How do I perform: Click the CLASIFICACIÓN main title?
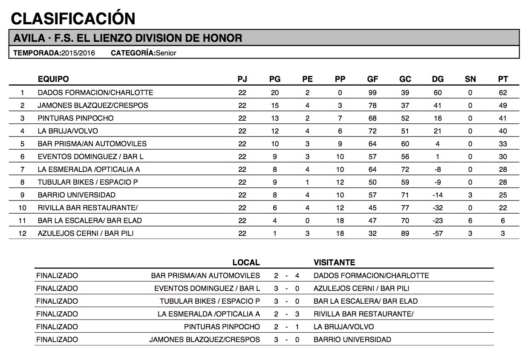click(73, 18)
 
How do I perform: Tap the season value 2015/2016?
click(78, 53)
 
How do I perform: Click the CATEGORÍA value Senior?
click(166, 53)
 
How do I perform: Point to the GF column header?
click(372, 79)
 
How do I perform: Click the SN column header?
click(470, 79)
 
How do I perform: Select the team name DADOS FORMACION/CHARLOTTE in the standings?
click(95, 93)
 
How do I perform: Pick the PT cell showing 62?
click(503, 93)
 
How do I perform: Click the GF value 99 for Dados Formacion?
click(372, 93)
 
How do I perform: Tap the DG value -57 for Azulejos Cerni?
click(437, 233)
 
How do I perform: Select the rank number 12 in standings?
click(22, 233)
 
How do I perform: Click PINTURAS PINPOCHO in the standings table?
click(75, 118)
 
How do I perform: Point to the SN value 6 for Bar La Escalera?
click(470, 221)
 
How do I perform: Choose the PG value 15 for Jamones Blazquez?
click(275, 105)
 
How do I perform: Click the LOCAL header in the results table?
click(246, 262)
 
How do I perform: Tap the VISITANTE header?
click(334, 262)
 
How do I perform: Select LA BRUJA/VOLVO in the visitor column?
click(343, 327)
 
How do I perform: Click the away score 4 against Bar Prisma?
click(297, 276)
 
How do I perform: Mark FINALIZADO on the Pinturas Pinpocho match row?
click(57, 327)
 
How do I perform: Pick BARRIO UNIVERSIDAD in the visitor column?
click(352, 340)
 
